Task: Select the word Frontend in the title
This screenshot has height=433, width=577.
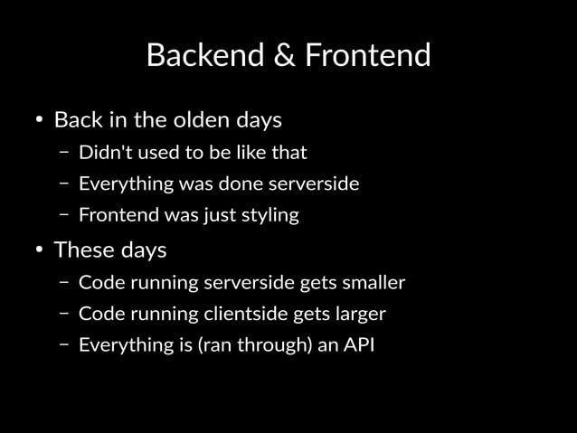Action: [367, 56]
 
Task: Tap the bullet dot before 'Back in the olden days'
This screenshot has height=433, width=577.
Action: [40, 120]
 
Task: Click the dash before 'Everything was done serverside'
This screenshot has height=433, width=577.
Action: [64, 184]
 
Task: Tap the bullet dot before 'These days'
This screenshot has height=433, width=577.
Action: [40, 249]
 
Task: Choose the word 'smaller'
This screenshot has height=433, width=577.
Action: [374, 282]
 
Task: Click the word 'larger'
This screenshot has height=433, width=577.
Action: [358, 314]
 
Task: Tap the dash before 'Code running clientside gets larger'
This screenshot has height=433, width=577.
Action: [64, 314]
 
